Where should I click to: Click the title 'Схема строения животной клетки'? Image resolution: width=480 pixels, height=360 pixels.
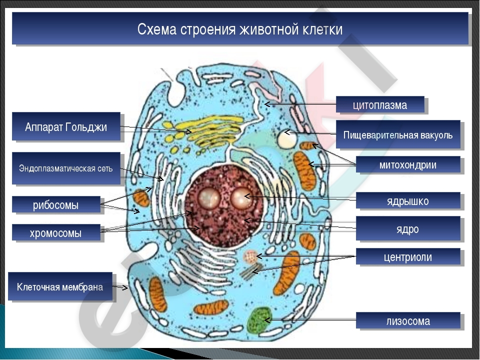(x=239, y=29)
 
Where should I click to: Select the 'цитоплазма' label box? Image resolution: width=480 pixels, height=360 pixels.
(x=380, y=104)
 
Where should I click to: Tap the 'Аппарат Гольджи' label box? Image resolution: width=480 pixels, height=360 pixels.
(x=66, y=126)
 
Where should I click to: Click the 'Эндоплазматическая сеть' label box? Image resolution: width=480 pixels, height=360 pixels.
(x=66, y=168)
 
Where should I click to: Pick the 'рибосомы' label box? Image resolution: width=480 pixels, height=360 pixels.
(x=56, y=204)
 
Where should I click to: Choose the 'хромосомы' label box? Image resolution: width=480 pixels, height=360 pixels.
(x=56, y=232)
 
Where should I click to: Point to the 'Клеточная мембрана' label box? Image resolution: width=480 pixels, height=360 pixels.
(x=60, y=286)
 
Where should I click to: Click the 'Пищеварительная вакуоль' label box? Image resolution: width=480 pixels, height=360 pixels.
(x=398, y=134)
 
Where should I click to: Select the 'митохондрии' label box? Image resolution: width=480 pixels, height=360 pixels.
(x=408, y=164)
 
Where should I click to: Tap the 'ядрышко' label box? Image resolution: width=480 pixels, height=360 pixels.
(x=408, y=201)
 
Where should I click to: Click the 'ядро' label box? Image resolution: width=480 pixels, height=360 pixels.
(x=408, y=228)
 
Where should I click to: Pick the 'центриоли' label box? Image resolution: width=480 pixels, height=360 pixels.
(x=408, y=256)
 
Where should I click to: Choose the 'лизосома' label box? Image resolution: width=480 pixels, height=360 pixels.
(x=408, y=321)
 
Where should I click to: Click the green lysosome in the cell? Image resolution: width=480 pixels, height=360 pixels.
(x=259, y=320)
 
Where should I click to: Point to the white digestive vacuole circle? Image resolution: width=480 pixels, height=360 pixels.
(x=287, y=138)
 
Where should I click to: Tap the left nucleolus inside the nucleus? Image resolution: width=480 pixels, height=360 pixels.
(x=209, y=198)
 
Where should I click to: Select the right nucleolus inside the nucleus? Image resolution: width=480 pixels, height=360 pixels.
(x=241, y=198)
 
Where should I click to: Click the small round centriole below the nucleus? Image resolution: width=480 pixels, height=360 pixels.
(x=250, y=256)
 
